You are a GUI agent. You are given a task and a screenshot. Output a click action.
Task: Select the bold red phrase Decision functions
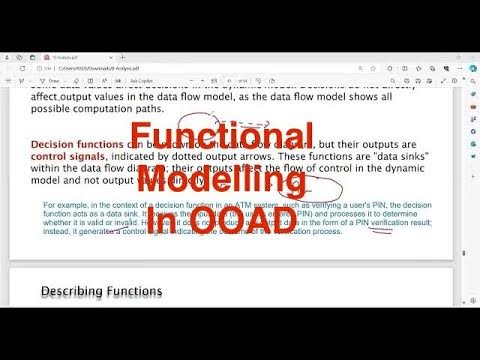tap(72, 145)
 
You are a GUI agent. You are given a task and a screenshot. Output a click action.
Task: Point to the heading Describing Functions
tap(101, 291)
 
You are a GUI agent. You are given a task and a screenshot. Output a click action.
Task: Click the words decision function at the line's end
tap(400, 205)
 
